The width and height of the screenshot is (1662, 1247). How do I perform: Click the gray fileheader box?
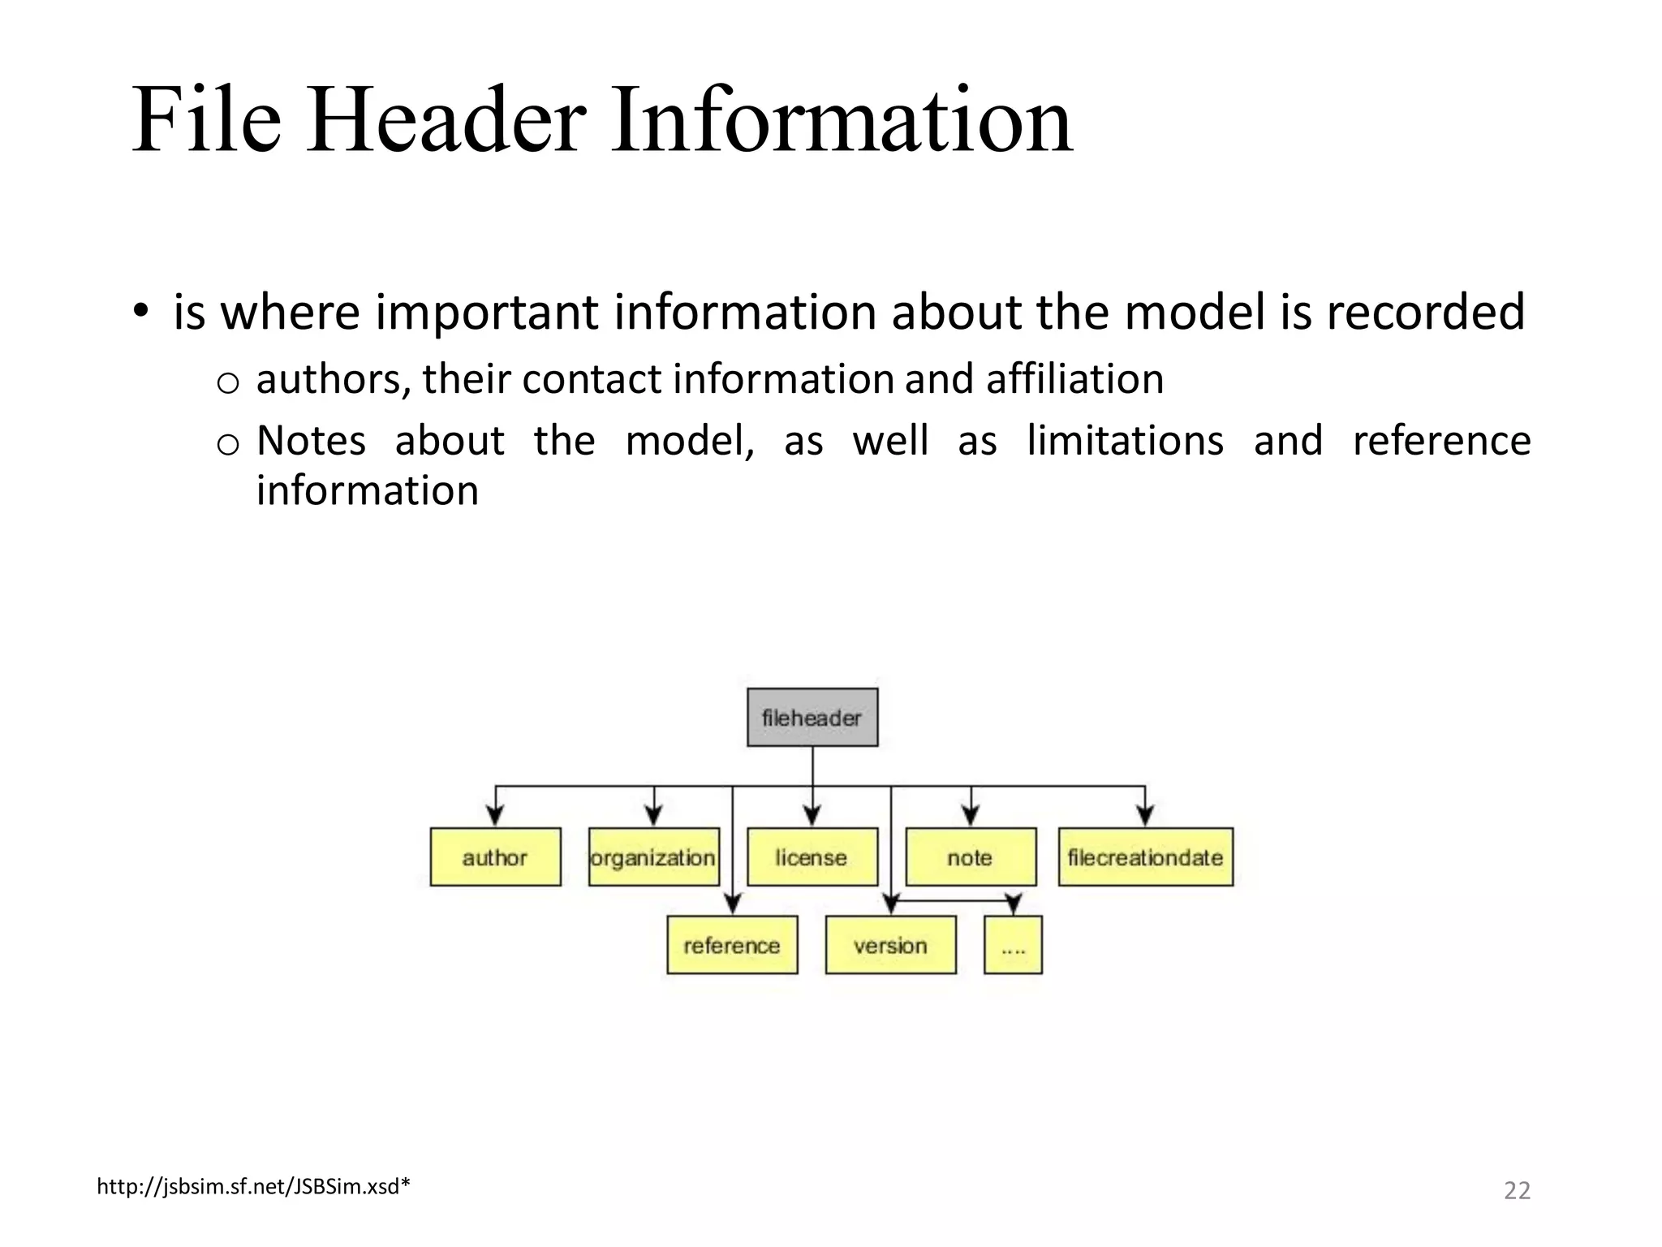point(812,718)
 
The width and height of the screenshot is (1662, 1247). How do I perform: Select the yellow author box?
point(495,857)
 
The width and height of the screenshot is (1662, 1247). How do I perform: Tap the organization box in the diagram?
point(653,857)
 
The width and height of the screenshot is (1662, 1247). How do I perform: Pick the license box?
point(812,857)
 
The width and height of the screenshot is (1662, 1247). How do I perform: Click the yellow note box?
point(971,857)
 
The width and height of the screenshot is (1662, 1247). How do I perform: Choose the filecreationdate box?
point(1145,857)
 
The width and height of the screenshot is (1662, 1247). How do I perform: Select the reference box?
point(732,945)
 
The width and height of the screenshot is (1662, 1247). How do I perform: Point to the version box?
point(890,945)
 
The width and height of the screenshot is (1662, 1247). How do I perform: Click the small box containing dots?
point(1013,945)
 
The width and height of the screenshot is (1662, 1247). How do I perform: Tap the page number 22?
point(1517,1190)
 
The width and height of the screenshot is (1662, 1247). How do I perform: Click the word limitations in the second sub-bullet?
point(1125,441)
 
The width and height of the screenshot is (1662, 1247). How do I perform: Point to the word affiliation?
point(1074,379)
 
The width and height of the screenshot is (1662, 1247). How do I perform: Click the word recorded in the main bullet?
point(1425,312)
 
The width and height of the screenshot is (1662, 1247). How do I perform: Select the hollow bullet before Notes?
point(228,444)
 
